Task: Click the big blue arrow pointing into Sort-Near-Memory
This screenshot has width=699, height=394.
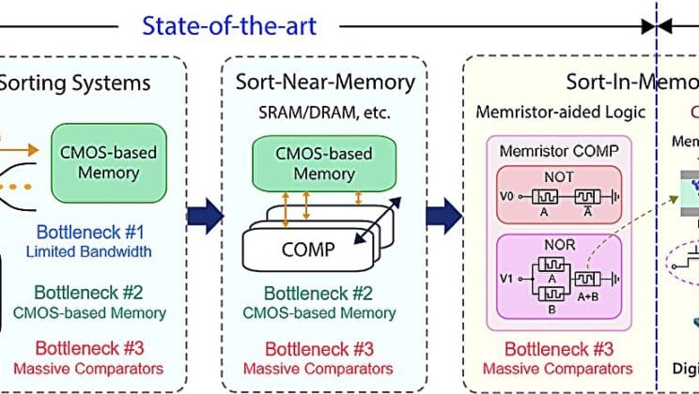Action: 206,216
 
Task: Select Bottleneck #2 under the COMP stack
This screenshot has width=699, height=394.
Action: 324,294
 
